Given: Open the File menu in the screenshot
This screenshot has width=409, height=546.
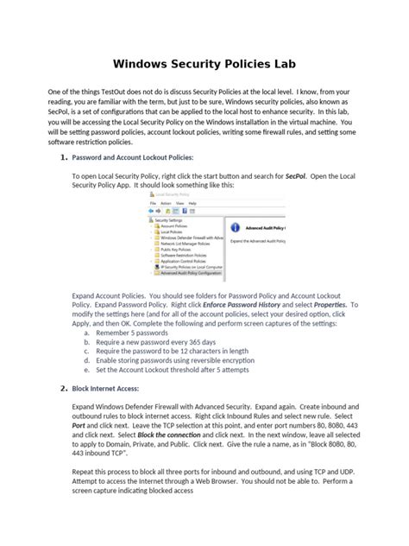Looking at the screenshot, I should [x=152, y=205].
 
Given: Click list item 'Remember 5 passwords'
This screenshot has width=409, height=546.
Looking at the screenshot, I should [x=131, y=332].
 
